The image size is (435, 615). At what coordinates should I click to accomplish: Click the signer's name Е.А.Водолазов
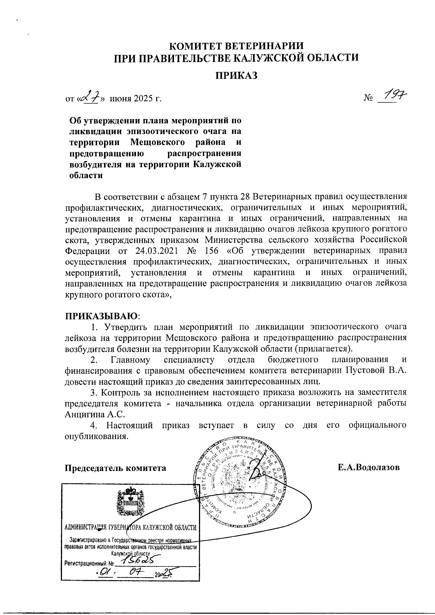tap(369, 467)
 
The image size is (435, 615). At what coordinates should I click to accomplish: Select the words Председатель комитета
tap(115, 468)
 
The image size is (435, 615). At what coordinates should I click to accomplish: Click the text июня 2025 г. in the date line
tap(136, 98)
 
